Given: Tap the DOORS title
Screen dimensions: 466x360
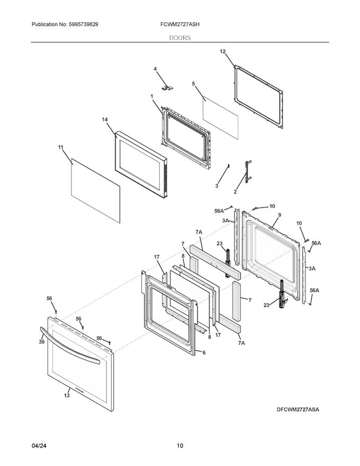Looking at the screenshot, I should point(180,38).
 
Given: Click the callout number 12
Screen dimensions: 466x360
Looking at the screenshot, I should point(222,51).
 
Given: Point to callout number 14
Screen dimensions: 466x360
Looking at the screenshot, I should point(105,120).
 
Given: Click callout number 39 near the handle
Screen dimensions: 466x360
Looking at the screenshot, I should point(41,343).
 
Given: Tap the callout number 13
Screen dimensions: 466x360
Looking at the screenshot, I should point(67,395).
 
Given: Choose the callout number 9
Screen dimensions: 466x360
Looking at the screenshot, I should point(279,215).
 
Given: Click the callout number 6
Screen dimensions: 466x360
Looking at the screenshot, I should point(204,352).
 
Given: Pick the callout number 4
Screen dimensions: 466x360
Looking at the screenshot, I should point(155,69).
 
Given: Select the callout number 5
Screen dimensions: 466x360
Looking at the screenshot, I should point(193,84).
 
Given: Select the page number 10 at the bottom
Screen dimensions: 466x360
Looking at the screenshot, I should point(180,446).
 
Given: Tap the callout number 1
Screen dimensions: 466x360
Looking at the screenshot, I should point(151,96).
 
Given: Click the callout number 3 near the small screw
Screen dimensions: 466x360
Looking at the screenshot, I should point(217,186).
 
